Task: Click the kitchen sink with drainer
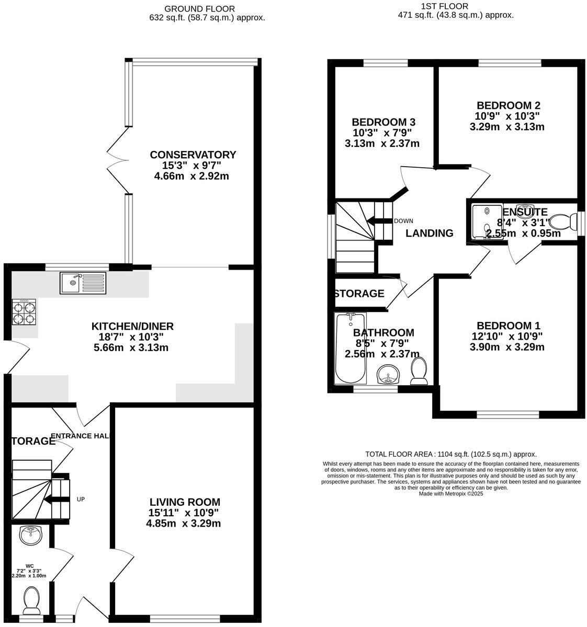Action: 83,283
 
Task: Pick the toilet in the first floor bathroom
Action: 420,370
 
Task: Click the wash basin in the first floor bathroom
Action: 388,375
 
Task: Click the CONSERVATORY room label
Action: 193,155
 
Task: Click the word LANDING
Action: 430,233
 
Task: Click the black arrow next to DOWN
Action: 379,220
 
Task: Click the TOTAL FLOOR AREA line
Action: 450,454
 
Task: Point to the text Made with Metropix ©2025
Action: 450,493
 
